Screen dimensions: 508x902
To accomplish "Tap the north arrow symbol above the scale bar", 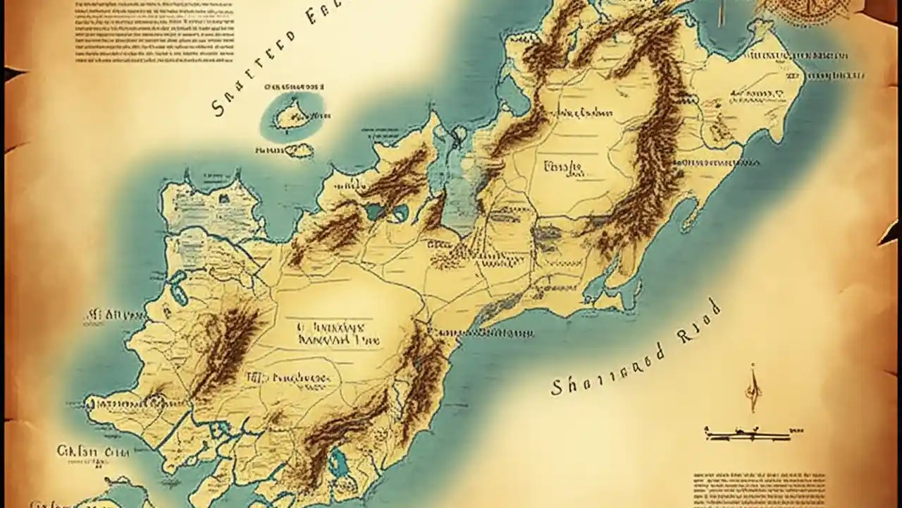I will [753, 388].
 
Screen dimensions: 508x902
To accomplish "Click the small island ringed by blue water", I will [292, 115].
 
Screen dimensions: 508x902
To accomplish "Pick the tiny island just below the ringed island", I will [299, 150].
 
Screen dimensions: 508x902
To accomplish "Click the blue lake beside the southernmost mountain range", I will [338, 464].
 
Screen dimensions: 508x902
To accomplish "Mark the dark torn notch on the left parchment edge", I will [13, 73].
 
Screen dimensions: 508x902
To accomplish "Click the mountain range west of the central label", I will [225, 346].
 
